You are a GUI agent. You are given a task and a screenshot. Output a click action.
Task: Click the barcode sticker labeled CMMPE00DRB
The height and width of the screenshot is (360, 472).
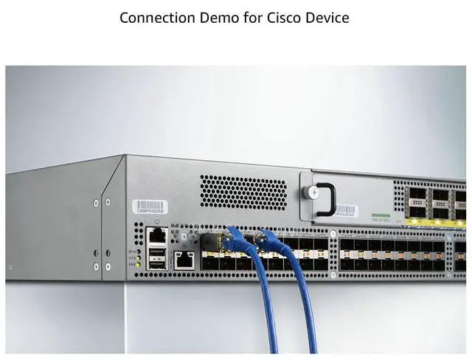150,206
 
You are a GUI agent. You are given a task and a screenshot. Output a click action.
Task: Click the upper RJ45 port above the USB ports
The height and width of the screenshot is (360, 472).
157,236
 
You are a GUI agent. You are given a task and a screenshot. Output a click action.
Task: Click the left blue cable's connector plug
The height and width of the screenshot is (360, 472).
237,238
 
